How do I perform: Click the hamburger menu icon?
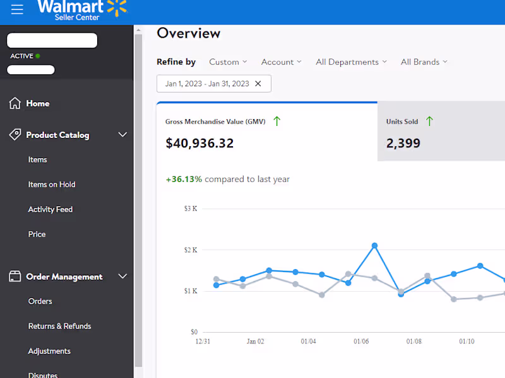(17, 9)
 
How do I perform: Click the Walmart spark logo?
(117, 8)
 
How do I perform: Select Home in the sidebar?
(37, 103)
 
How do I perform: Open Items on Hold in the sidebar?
(52, 185)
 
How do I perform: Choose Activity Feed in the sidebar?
(50, 209)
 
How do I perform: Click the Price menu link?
(37, 234)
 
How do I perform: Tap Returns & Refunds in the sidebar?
(59, 326)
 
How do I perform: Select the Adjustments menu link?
(49, 351)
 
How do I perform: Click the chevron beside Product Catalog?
(122, 135)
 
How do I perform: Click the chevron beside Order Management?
(122, 277)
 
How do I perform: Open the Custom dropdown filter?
(228, 62)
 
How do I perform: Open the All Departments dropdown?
(351, 62)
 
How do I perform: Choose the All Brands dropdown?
(424, 62)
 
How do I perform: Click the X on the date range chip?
(258, 84)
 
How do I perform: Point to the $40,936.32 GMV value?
(199, 143)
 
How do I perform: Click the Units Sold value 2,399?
(403, 143)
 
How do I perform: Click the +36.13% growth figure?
(184, 179)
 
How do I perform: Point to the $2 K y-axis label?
(191, 250)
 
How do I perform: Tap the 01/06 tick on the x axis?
(361, 341)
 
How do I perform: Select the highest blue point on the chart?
(374, 246)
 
